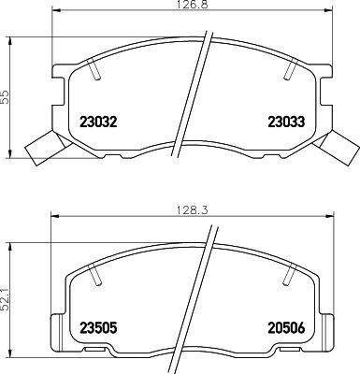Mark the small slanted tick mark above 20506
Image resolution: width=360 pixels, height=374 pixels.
(x=289, y=273)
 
